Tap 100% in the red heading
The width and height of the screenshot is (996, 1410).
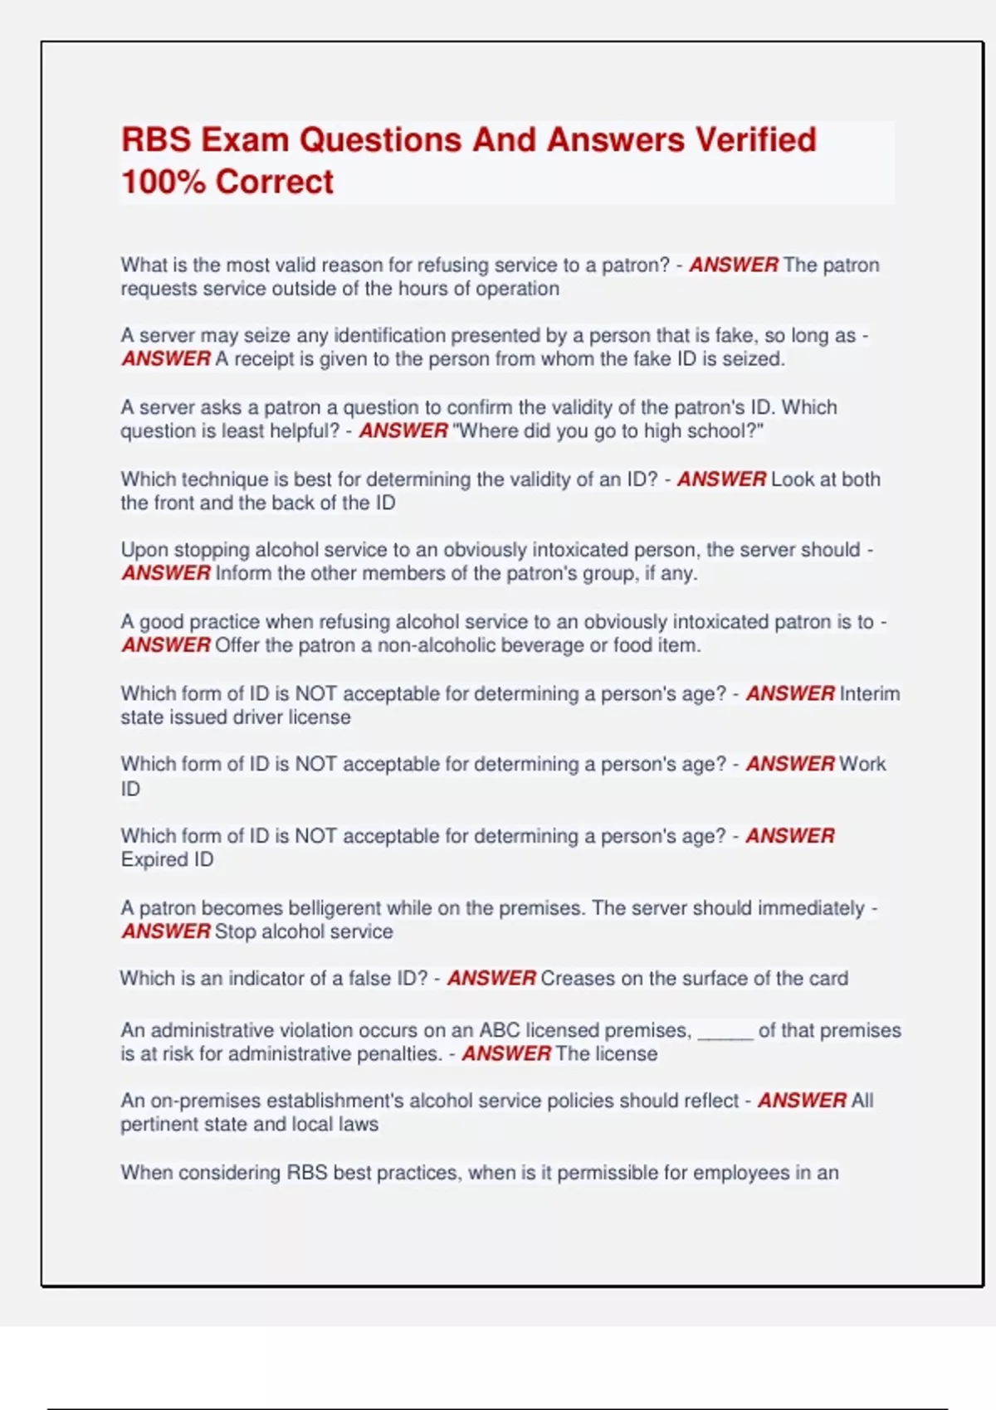click(x=163, y=182)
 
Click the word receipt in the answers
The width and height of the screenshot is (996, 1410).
click(x=263, y=359)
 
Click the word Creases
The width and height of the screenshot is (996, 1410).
click(x=578, y=979)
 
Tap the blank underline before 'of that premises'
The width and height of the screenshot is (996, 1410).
click(x=725, y=1031)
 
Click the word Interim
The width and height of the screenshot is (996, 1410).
click(x=869, y=693)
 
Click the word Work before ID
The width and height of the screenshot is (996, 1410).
click(x=862, y=764)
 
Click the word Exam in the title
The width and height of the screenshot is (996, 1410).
click(x=246, y=139)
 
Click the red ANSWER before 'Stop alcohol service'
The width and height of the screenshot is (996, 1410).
click(x=166, y=931)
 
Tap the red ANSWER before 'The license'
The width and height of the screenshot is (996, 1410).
click(x=505, y=1053)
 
